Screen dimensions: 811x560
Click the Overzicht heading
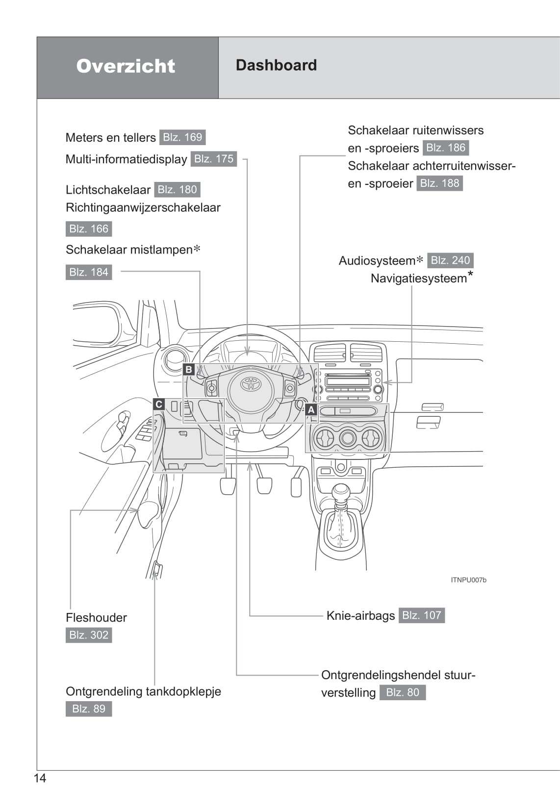point(126,66)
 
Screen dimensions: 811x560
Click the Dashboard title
point(276,65)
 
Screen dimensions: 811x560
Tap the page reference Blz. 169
point(182,137)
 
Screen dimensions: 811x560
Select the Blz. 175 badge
point(214,159)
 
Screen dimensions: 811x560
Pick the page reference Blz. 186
point(446,148)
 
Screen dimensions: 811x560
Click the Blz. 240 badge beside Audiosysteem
point(450,260)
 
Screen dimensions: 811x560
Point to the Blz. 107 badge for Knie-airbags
point(422,615)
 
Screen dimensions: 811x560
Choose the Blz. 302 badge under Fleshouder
point(89,635)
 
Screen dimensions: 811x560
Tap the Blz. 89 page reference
point(89,709)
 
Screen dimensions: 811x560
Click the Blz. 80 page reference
point(403,692)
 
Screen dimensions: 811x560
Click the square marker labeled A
point(311,409)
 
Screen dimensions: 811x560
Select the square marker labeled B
point(189,369)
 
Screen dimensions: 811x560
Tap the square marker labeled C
point(158,404)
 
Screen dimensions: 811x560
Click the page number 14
point(40,778)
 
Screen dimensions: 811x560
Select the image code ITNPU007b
point(468,580)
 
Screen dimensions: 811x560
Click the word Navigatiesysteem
point(419,279)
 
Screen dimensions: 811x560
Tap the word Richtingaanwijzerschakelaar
point(143,207)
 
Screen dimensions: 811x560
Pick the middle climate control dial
point(348,438)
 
